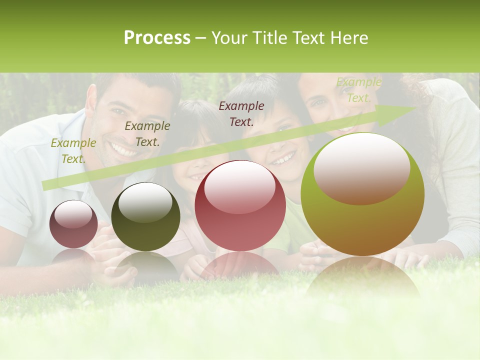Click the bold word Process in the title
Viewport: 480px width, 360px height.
pos(157,38)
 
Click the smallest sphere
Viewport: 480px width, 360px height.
pos(73,224)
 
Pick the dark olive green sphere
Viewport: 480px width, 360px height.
pos(145,217)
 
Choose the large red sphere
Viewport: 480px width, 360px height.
pos(240,206)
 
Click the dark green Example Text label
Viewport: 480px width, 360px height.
pos(147,134)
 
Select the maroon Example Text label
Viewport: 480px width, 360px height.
pos(241,113)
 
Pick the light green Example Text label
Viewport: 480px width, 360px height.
pos(358,90)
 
